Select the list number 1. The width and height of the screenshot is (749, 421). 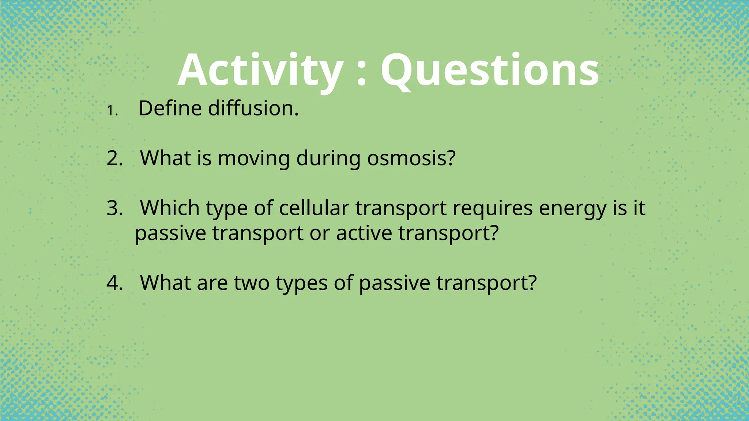click(112, 111)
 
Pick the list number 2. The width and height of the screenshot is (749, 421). click(114, 159)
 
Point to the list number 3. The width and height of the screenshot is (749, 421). click(114, 208)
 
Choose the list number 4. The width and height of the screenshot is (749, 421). click(114, 283)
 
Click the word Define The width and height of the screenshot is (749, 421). click(170, 109)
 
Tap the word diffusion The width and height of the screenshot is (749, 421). click(253, 109)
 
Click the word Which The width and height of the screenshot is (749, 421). click(170, 208)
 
